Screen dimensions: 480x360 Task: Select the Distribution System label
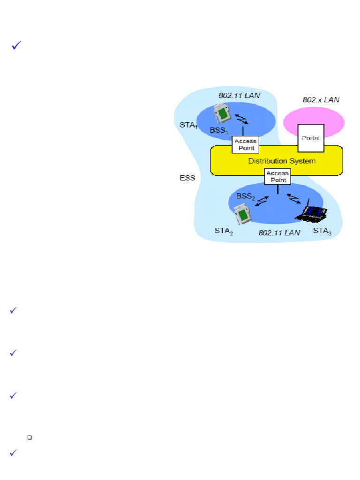(281, 161)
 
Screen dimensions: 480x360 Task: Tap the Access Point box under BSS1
(244, 145)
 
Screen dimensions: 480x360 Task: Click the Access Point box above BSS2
(278, 176)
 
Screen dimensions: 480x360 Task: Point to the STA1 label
(188, 125)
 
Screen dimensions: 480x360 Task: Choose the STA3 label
(322, 231)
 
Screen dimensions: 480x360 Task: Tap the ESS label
(187, 178)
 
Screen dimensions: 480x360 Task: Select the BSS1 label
(219, 130)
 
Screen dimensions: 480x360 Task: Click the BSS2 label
(246, 196)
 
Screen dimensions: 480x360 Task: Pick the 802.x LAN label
(321, 99)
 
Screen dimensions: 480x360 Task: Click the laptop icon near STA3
(313, 212)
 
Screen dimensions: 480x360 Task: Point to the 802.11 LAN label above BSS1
(239, 95)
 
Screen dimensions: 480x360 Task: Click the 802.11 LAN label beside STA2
(279, 232)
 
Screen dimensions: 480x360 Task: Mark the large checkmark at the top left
(15, 46)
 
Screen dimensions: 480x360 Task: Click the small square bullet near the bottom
(30, 437)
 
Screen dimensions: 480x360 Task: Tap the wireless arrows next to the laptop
(293, 198)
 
